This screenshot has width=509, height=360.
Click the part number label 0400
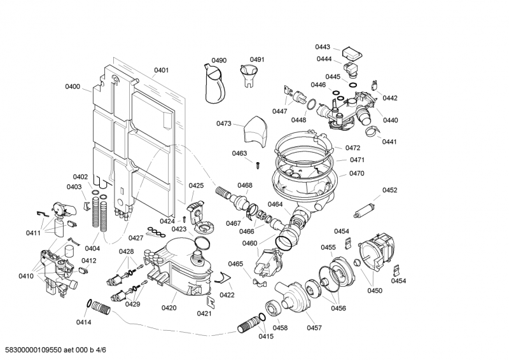(73, 87)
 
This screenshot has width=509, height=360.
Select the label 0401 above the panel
(161, 70)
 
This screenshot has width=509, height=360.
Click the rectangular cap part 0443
(349, 50)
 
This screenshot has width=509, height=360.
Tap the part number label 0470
(357, 173)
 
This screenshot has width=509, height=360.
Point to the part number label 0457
(314, 328)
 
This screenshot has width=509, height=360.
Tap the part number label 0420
(169, 308)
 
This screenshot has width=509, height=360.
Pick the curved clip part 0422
(223, 275)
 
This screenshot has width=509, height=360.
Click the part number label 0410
(25, 276)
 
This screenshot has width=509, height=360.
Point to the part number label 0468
(245, 185)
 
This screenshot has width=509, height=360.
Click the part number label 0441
(389, 142)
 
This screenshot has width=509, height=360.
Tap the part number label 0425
(196, 186)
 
